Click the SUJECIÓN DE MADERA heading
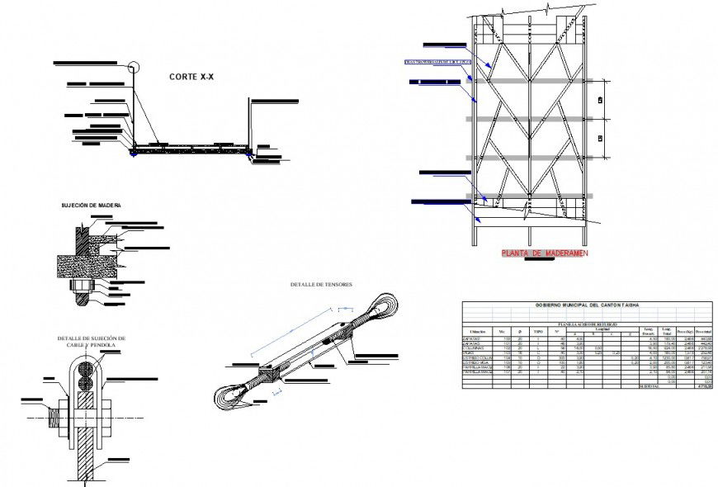[95, 205]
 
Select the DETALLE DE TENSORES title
[321, 285]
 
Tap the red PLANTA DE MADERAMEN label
[544, 254]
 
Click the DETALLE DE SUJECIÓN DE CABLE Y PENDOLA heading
[91, 342]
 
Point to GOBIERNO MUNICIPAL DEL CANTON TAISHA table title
[586, 306]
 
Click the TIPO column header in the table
[538, 332]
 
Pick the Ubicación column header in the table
[478, 332]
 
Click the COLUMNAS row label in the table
[475, 348]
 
